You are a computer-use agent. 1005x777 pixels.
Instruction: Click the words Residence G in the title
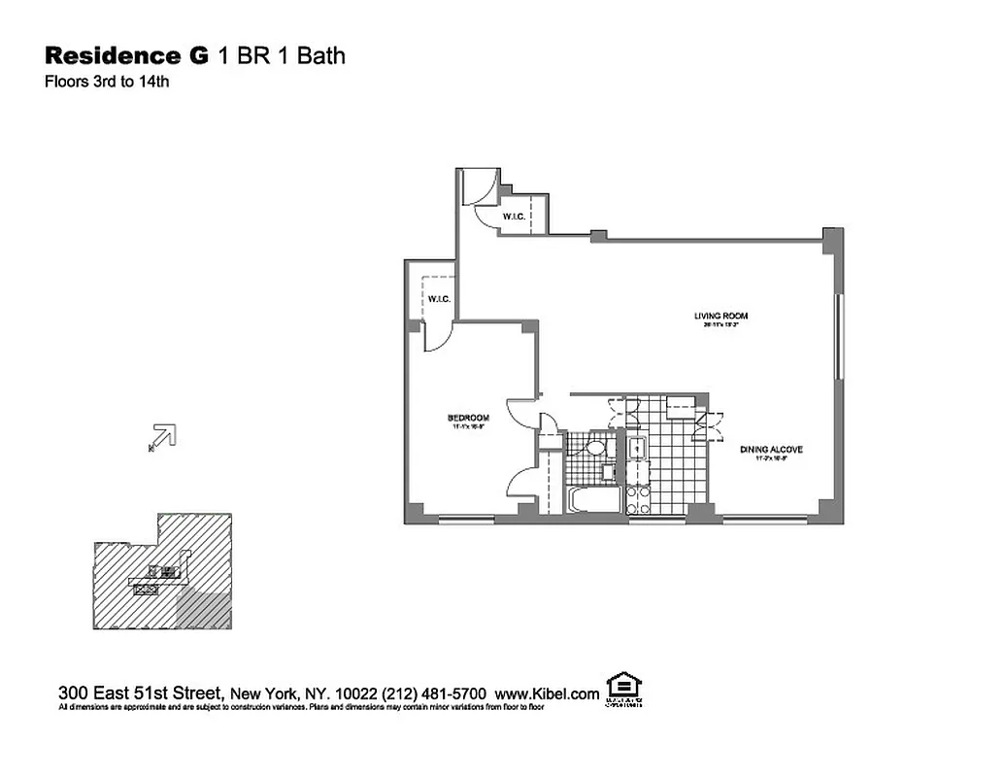pos(126,55)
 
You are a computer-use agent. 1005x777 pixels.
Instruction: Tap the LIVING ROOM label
pos(720,316)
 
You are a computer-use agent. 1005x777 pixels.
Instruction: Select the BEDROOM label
pos(468,418)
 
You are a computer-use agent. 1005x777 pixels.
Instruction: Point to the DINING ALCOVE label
pos(770,450)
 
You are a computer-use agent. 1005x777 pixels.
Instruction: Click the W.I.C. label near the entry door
pos(513,217)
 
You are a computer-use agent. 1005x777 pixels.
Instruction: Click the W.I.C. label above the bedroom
pos(437,299)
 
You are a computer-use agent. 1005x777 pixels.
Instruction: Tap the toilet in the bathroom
pos(594,448)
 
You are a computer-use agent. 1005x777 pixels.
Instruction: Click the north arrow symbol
pos(162,438)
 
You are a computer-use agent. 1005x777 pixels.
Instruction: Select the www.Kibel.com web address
pos(547,693)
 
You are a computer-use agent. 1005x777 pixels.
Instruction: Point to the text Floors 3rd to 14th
pos(107,82)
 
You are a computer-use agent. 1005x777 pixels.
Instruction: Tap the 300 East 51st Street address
pos(142,693)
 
